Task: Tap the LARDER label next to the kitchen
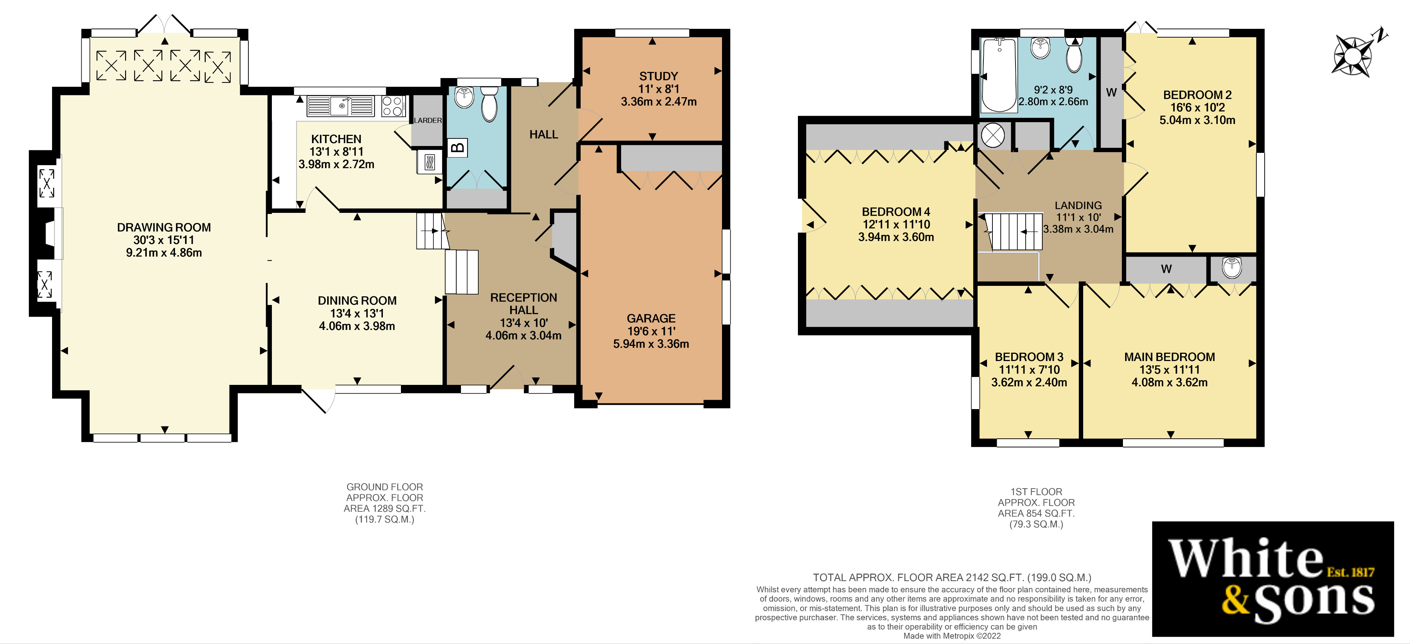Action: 427,120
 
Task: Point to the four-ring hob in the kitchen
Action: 393,106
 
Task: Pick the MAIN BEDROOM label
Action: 1169,357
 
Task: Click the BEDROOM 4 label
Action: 896,212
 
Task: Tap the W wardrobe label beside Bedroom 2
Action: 1111,93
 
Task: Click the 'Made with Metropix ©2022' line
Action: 952,636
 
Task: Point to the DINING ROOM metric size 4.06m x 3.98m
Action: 357,326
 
